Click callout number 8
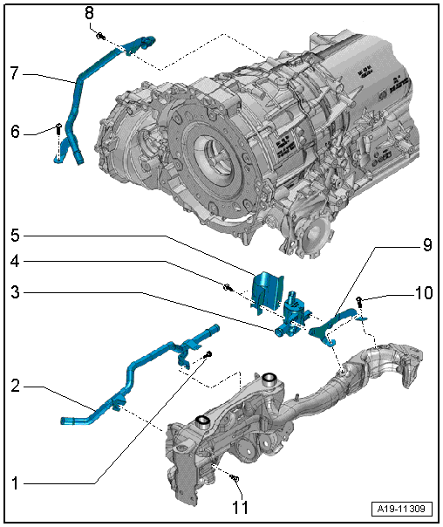coord(89,14)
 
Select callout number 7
coord(14,73)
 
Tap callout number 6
coord(15,132)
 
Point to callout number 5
coord(15,236)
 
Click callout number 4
coord(15,261)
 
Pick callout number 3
coord(15,292)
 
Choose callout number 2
coord(15,387)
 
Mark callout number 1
coord(15,483)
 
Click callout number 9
coord(427,245)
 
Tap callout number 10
coord(424,293)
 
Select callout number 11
coord(241,507)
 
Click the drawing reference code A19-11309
coord(401,509)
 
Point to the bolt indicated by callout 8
coord(101,35)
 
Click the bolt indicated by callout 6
coord(58,129)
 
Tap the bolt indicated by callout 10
coord(359,300)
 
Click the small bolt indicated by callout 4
coord(228,287)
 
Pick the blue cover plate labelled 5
coord(266,291)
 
